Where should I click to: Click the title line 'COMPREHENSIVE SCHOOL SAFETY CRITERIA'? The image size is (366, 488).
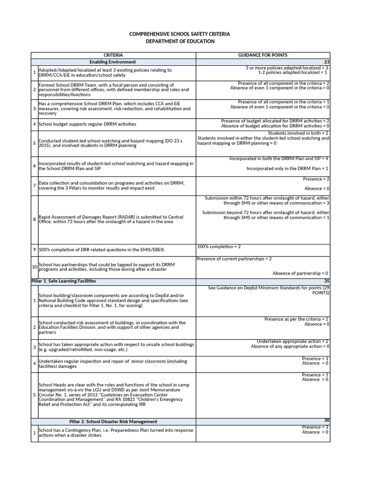point(179,34)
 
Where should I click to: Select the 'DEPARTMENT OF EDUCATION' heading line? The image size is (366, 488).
point(180,41)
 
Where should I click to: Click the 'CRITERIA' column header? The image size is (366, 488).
point(113,55)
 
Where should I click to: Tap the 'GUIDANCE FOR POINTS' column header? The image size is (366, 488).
point(263,55)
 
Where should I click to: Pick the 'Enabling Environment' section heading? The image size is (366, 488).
point(113,62)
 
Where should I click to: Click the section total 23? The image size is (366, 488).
point(326,62)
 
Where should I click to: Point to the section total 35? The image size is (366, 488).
point(326,281)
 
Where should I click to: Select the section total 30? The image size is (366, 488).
point(326,420)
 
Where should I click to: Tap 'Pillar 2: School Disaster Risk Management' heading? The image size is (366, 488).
point(113,421)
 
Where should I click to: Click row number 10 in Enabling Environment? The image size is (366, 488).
point(34,267)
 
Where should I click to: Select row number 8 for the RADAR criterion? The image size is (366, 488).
point(34,219)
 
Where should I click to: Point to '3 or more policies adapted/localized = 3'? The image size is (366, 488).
point(287,68)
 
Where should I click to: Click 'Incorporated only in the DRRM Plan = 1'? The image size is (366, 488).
point(287,169)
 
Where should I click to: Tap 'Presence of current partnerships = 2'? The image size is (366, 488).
point(234,259)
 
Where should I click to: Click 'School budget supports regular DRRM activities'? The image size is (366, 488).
point(87,124)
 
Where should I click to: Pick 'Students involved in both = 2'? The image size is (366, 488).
point(298,133)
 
